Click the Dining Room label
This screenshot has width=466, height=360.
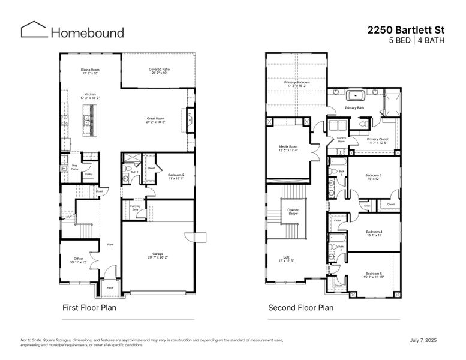click(91, 71)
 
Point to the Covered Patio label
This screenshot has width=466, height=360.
click(159, 71)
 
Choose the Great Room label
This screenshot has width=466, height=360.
click(156, 121)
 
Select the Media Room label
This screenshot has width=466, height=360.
click(288, 148)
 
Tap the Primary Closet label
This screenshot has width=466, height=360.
click(378, 140)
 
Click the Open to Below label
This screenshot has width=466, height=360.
click(294, 211)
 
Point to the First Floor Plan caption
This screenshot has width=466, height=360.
click(89, 308)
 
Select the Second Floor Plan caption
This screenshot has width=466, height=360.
click(300, 308)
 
